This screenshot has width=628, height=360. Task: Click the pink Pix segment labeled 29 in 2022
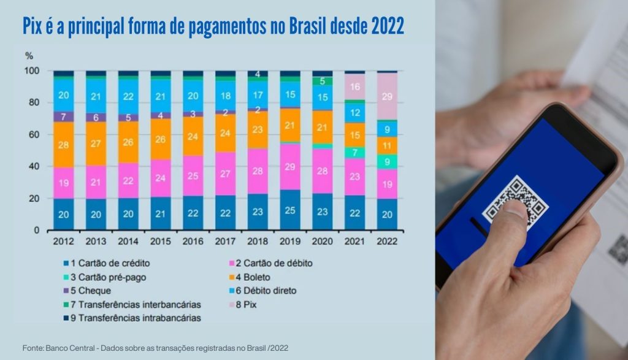coord(388,96)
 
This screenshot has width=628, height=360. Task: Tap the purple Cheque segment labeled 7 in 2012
coord(63,117)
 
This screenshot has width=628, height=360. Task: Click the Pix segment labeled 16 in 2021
coord(355,87)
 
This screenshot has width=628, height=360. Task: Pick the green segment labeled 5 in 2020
coord(322,81)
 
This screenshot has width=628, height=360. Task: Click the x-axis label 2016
coord(193,241)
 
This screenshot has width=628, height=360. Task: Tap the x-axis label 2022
coord(388,241)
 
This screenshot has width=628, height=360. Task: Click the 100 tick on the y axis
coord(31,71)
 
